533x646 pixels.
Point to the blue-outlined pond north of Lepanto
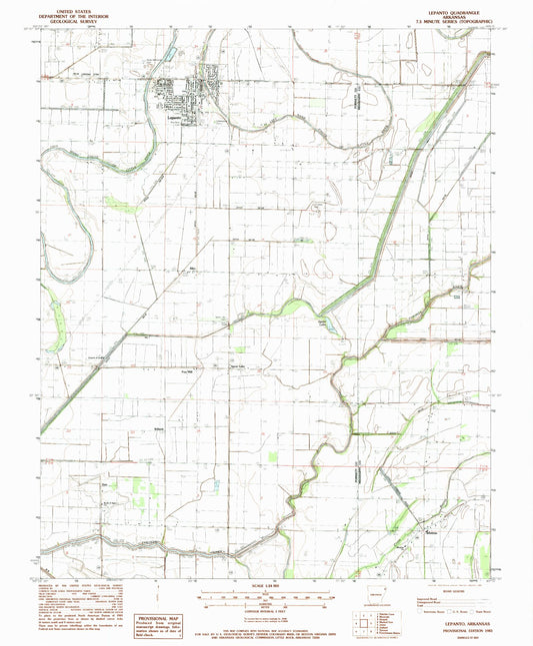(171, 51)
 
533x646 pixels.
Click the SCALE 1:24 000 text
(264, 583)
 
